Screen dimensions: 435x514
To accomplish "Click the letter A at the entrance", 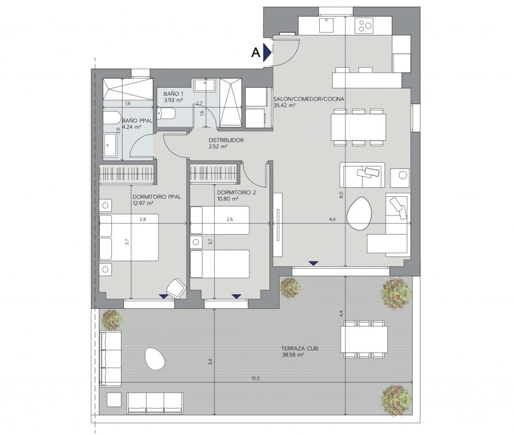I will click(x=255, y=53).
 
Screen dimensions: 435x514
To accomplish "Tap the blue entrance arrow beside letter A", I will click(x=267, y=52).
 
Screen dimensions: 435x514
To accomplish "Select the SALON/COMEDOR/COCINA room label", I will click(x=309, y=99).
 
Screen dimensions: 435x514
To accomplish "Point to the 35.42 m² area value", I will click(x=284, y=106).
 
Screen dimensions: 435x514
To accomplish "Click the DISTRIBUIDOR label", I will click(x=226, y=141).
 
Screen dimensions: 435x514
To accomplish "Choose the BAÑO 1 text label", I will click(x=173, y=94).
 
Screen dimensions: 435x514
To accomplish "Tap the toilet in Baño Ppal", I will click(x=111, y=118).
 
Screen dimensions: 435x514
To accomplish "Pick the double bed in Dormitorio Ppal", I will click(x=129, y=237).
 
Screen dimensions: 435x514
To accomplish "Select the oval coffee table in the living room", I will click(x=359, y=213).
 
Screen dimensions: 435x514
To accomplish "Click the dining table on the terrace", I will click(x=364, y=339).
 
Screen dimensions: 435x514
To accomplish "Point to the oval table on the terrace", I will click(x=155, y=358).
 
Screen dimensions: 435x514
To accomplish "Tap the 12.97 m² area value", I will click(x=143, y=203).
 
